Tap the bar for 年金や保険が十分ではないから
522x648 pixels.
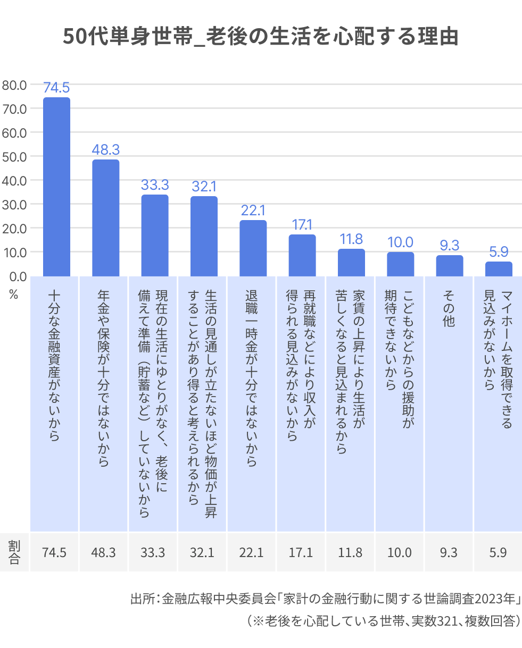click(x=105, y=218)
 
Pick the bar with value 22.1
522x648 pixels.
click(x=253, y=248)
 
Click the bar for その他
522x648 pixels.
click(x=450, y=266)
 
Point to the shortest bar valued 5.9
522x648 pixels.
click(x=499, y=269)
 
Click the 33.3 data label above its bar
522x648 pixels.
click(x=155, y=185)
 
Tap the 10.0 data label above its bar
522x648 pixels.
click(x=400, y=242)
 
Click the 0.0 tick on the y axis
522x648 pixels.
click(x=16, y=276)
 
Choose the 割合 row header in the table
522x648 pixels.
click(x=14, y=552)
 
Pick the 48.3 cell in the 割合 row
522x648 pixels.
click(x=103, y=552)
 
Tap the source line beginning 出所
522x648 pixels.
click(x=325, y=599)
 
